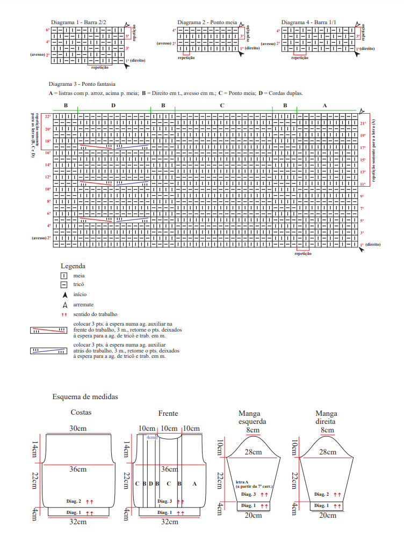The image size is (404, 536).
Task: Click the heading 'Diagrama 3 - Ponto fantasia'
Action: point(82,84)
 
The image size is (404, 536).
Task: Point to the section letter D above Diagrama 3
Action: point(113,106)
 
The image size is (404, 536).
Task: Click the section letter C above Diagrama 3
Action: point(222,106)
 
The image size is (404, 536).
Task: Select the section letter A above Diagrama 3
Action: point(324,106)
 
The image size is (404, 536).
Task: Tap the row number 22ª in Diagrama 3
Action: point(47,116)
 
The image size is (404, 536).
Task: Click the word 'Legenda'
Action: point(73,266)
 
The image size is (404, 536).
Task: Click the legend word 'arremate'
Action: point(82,304)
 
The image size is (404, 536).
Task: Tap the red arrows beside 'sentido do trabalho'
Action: point(64,314)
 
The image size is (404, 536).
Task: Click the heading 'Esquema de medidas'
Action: point(85,397)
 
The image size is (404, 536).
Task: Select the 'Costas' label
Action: point(81,413)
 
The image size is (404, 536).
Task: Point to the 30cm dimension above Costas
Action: point(78,429)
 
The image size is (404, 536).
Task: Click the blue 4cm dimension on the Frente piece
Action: point(151,437)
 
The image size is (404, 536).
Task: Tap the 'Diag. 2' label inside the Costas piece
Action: point(74,502)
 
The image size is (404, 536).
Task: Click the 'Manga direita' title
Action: point(326,417)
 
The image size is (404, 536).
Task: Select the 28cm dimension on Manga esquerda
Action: point(253,452)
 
